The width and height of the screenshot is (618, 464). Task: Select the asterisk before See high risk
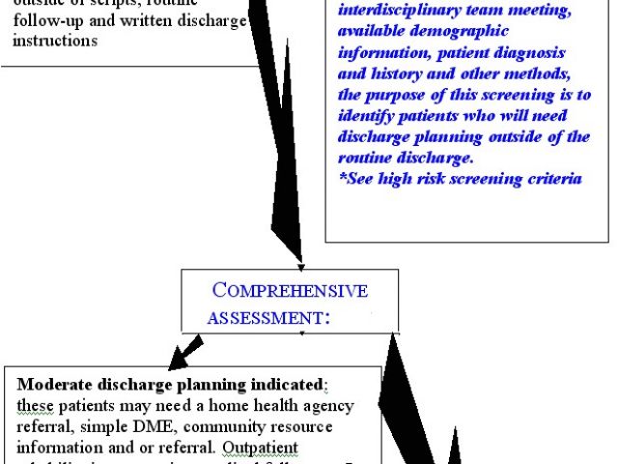(x=342, y=178)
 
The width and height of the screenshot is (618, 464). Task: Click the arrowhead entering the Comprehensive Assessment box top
(x=301, y=266)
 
